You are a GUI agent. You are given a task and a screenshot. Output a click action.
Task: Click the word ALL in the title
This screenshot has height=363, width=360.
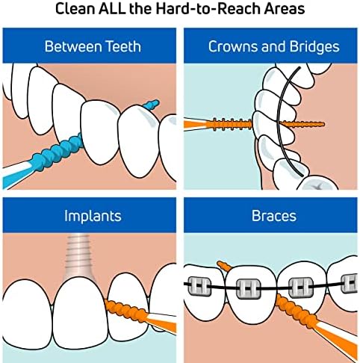click(x=112, y=8)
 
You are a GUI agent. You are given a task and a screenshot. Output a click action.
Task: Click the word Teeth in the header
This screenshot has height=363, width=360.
click(x=123, y=46)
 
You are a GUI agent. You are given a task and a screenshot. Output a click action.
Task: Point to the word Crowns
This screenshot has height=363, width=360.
click(x=233, y=46)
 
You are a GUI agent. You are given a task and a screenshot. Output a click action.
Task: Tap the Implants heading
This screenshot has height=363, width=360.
click(x=93, y=216)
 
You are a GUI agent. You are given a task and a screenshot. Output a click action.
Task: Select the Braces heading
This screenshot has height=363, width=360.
click(x=274, y=216)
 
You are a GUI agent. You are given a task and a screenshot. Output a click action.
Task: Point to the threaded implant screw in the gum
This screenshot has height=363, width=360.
click(x=79, y=256)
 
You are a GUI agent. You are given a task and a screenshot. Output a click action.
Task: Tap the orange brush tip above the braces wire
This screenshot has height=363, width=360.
click(x=224, y=266)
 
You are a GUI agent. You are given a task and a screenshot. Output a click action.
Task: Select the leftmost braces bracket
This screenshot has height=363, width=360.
click(x=199, y=285)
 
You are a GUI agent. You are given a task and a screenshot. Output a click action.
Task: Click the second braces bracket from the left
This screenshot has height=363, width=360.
click(x=249, y=288)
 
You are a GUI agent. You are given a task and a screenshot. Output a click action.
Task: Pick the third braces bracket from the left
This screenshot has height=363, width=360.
click(x=300, y=287)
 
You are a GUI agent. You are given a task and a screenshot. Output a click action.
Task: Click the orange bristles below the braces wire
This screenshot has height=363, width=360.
click(x=297, y=309)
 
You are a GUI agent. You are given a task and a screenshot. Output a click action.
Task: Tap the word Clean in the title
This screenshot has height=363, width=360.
click(x=75, y=8)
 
